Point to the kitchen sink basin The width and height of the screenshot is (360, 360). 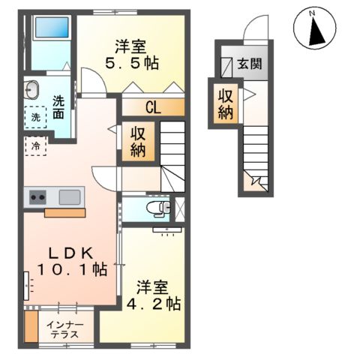(70, 198)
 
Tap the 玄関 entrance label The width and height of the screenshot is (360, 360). (250, 64)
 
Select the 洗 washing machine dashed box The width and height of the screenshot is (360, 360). (35, 117)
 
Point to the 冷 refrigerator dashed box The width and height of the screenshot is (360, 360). (35, 146)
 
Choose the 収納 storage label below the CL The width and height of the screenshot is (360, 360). (139, 142)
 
